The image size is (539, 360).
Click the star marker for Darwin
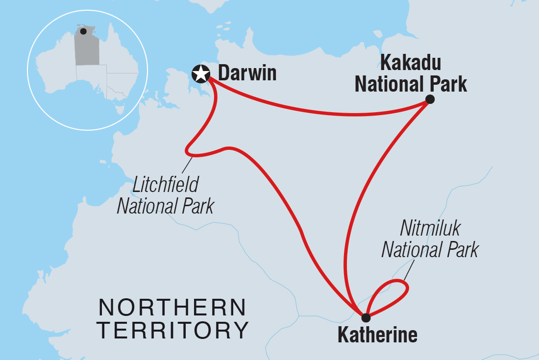(200, 74)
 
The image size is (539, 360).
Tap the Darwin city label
(247, 73)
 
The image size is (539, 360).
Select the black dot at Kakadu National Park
(430, 99)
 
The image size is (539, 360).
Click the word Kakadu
(411, 63)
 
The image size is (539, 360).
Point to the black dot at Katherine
(366, 317)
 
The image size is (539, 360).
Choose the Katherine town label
(377, 336)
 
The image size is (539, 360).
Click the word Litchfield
(166, 185)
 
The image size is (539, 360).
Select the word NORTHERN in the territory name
(172, 308)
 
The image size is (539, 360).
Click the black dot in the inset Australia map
(83, 31)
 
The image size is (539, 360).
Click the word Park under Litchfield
(196, 206)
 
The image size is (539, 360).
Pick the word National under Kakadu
(387, 84)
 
